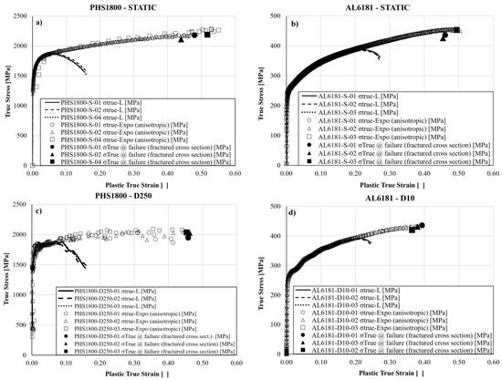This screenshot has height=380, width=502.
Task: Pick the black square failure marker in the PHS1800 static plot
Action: pyautogui.click(x=207, y=35)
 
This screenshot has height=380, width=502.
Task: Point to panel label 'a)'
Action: pyautogui.click(x=39, y=20)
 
